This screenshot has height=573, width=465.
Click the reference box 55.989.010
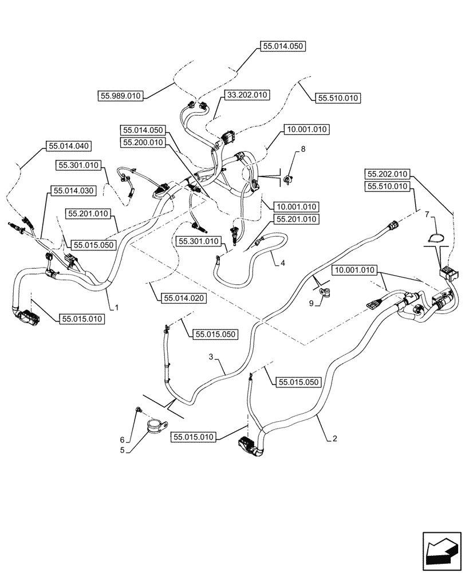pyautogui.click(x=120, y=96)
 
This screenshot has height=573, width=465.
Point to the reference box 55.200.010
pyautogui.click(x=143, y=142)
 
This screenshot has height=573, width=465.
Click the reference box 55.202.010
pyautogui.click(x=388, y=174)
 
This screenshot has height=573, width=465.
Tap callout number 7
pyautogui.click(x=427, y=213)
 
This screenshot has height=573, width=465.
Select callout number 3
pyautogui.click(x=211, y=356)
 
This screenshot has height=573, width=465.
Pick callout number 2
pyautogui.click(x=334, y=439)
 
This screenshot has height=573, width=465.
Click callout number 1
pyautogui.click(x=116, y=307)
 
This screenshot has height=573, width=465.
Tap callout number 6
pyautogui.click(x=122, y=439)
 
